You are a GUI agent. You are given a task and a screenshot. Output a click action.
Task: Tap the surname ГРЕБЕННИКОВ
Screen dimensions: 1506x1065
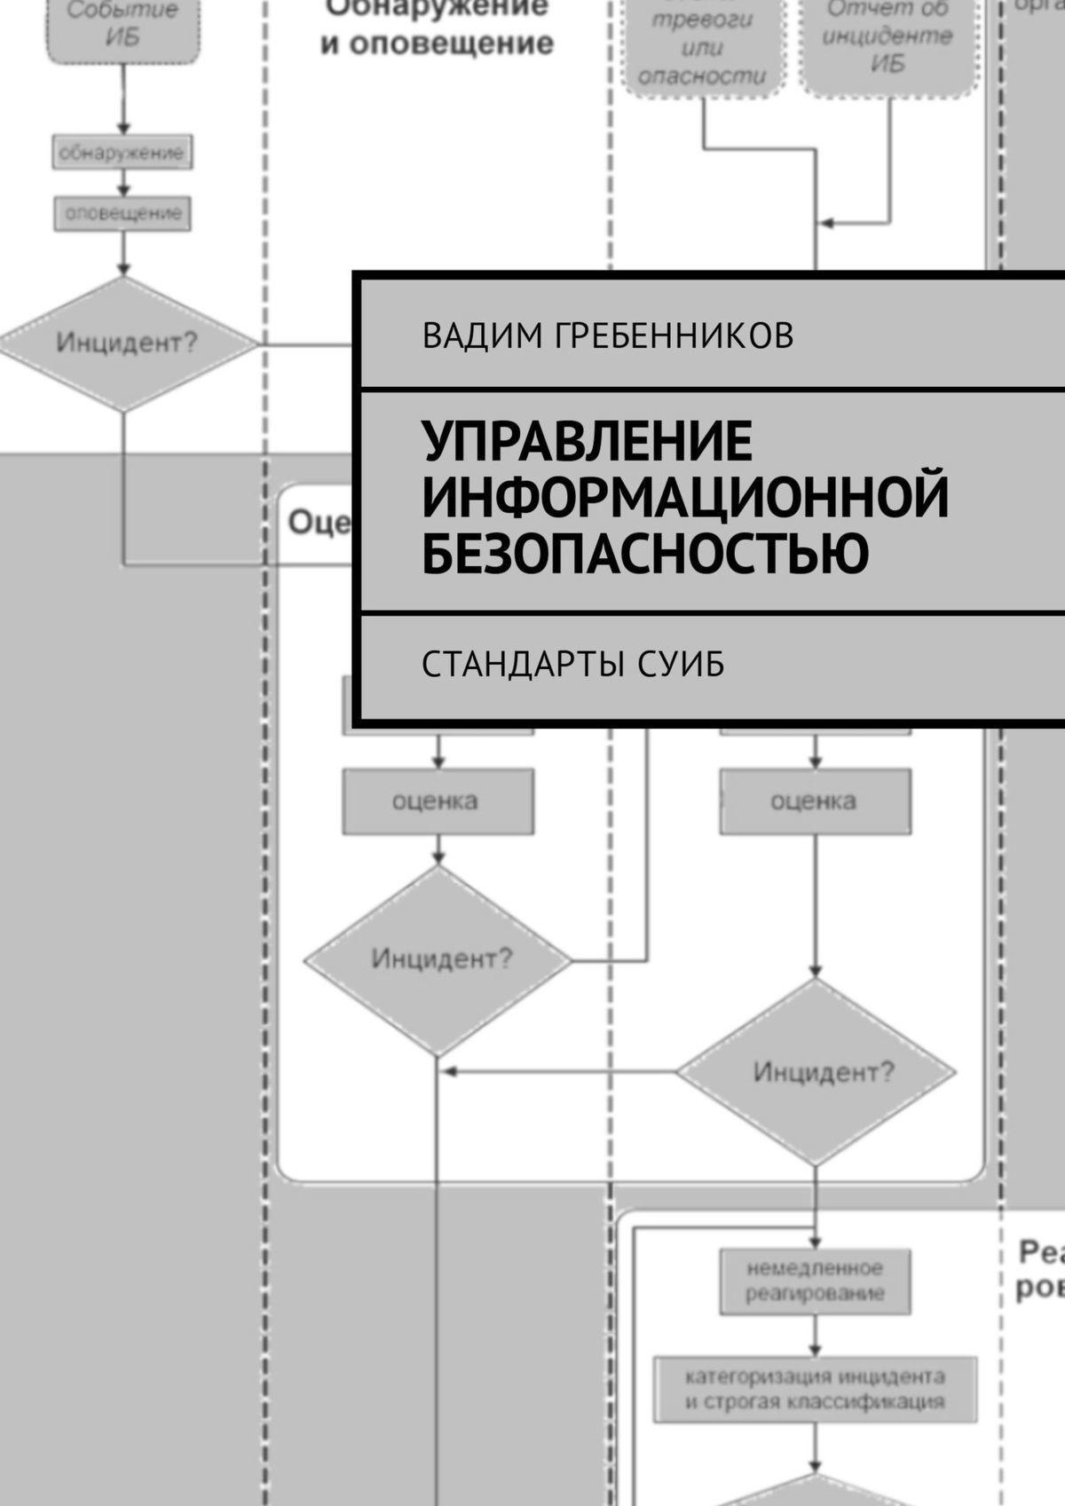(x=674, y=335)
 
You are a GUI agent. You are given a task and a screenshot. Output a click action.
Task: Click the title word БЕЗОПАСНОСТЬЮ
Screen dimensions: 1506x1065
(x=645, y=551)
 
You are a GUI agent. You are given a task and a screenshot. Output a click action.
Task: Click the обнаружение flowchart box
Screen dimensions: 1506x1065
(x=122, y=153)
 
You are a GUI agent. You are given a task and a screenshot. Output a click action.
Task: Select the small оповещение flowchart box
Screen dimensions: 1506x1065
(x=122, y=214)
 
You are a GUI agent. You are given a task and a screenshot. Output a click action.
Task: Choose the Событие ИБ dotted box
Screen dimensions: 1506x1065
(x=122, y=27)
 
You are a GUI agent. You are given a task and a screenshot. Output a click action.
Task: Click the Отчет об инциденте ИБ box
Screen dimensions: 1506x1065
(x=887, y=40)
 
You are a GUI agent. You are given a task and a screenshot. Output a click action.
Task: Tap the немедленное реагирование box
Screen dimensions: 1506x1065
(x=815, y=1281)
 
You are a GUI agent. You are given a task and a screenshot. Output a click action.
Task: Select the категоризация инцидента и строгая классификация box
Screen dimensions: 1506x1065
(x=815, y=1389)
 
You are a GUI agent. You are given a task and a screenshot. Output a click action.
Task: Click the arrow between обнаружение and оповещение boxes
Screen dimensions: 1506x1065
(x=123, y=184)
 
